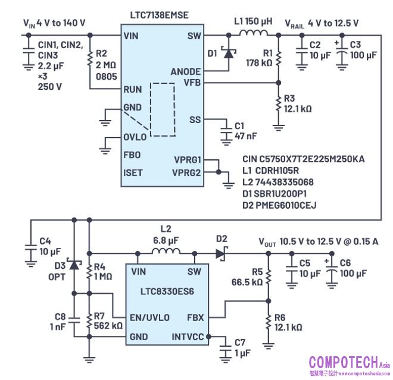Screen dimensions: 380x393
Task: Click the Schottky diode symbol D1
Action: (x=227, y=53)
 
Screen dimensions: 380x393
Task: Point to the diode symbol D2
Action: (x=222, y=252)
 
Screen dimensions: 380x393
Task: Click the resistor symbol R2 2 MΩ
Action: (x=89, y=59)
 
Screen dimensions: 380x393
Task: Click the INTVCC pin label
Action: (x=188, y=336)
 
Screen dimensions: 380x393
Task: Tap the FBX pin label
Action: (x=195, y=317)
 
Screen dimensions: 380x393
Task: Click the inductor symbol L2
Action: (x=167, y=252)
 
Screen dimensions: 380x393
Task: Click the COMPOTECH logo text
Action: (x=342, y=361)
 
